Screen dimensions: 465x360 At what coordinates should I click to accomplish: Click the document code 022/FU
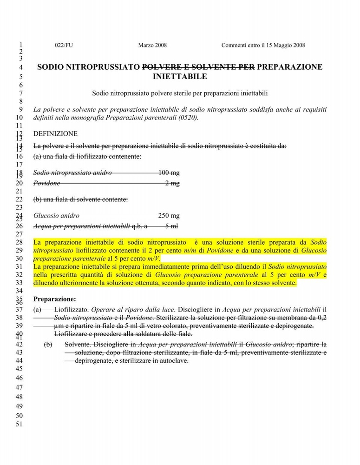click(x=64, y=45)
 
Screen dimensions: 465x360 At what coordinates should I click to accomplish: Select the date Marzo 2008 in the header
click(x=152, y=45)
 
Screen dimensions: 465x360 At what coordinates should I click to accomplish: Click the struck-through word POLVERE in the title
click(x=165, y=67)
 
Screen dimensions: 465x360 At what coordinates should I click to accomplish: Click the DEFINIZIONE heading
click(x=55, y=133)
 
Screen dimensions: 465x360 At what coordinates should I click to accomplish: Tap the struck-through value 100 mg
click(x=169, y=173)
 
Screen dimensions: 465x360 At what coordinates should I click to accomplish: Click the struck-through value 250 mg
click(x=169, y=216)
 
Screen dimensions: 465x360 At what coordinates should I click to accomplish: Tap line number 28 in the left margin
click(x=20, y=242)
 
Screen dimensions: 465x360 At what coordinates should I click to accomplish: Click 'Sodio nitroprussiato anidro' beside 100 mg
click(x=72, y=173)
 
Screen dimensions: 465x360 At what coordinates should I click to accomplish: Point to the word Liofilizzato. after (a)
click(x=72, y=309)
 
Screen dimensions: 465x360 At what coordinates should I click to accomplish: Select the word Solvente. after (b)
click(x=78, y=345)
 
